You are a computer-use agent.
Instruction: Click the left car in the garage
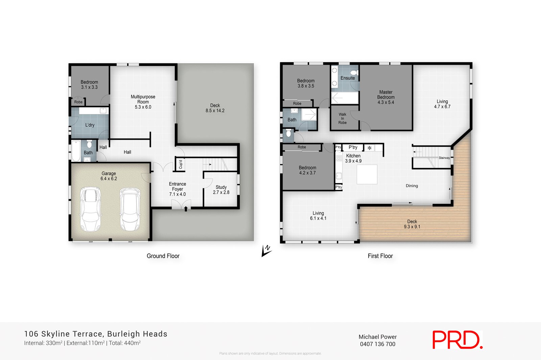[x=91, y=209]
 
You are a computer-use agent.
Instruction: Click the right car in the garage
[x=130, y=209]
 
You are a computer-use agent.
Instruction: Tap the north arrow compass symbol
[x=266, y=250]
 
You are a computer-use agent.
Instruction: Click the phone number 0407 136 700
[x=377, y=344]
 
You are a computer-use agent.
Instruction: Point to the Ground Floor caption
[x=163, y=256]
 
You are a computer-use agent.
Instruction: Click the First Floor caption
[x=380, y=256]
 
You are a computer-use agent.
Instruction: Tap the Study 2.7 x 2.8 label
[x=221, y=190]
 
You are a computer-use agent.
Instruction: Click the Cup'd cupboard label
[x=181, y=164]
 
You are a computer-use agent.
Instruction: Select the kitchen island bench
[x=367, y=174]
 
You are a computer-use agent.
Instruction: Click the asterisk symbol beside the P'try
[x=370, y=148]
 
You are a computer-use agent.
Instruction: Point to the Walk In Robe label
[x=342, y=119]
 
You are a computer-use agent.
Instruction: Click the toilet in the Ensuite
[x=354, y=73]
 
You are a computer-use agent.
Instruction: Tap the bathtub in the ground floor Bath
[x=76, y=151]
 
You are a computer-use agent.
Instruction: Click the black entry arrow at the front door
[x=186, y=209]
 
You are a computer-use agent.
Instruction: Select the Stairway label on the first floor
[x=444, y=158]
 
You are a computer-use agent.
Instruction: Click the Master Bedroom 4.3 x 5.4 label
[x=386, y=97]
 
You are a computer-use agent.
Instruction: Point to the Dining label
[x=411, y=186]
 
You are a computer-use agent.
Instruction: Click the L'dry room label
[x=90, y=125]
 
